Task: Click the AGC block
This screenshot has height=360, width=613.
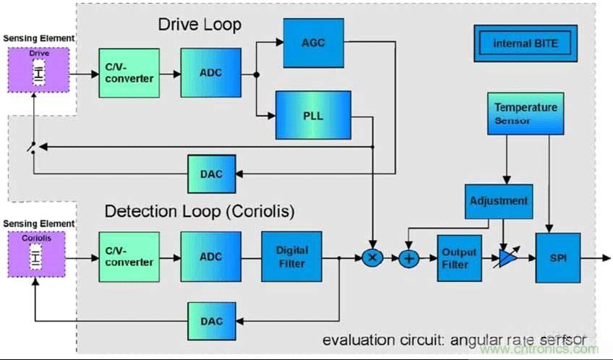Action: click(x=314, y=42)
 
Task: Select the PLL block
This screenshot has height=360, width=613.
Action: click(x=313, y=115)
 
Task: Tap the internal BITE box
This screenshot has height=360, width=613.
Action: click(x=526, y=43)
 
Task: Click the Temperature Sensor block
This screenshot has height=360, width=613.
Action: click(x=526, y=113)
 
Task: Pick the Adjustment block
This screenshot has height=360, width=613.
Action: click(x=499, y=200)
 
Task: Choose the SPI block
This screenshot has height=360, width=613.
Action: click(x=557, y=257)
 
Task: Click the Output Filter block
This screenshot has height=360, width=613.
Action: click(x=460, y=258)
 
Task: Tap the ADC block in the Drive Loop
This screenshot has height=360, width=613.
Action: click(x=210, y=72)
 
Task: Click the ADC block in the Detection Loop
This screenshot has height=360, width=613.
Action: click(x=210, y=257)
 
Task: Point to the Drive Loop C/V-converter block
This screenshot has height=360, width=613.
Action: click(x=129, y=73)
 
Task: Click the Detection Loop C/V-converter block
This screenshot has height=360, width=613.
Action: click(x=129, y=257)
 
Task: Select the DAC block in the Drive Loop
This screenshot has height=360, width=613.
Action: click(x=211, y=173)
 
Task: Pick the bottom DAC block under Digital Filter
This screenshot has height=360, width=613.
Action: click(x=211, y=321)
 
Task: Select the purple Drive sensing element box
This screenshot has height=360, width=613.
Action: click(x=38, y=69)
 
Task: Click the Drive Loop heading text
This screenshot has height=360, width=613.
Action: click(x=200, y=25)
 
